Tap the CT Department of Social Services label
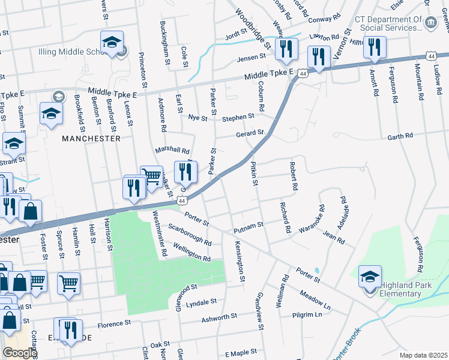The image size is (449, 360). coord(389,23)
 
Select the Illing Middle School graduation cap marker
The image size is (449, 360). coord(112,43)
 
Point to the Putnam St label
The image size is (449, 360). coord(249,225)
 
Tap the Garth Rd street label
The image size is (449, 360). coord(400,136)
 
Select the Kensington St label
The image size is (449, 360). coord(240,261)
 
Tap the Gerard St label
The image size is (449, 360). coord(250,133)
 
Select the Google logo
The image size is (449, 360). coord(19,353)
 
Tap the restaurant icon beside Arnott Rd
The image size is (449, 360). coord(375,49)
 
